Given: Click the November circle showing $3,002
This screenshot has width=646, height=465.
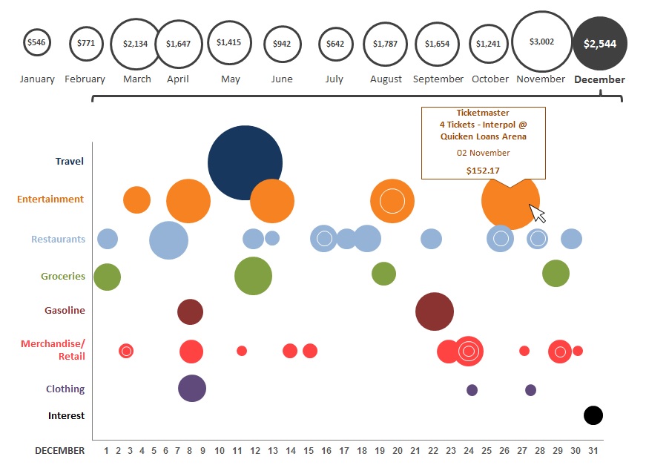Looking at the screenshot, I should pos(541,42).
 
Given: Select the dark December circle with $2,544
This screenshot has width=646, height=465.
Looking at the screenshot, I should pos(600,44).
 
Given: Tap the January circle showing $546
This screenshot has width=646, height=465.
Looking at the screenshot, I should pos(36,43).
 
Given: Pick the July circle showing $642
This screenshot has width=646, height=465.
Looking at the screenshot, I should pos(335,44).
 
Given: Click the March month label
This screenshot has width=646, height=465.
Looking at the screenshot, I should pos(137,79).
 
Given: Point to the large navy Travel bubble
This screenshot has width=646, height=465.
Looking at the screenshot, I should pos(245,162).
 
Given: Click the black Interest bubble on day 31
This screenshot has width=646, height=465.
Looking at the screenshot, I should pos(593,415).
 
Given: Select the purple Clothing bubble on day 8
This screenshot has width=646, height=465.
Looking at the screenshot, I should pos(192,388).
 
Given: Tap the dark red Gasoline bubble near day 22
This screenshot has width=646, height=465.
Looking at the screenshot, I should pos(435,311).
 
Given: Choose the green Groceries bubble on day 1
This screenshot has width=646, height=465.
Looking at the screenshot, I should pos(107,277).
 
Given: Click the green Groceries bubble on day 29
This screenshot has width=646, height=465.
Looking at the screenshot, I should pos(556,273).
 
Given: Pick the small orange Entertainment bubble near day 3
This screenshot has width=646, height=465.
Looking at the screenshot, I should pos(136,199).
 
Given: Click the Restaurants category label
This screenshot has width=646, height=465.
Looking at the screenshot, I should pos(58,239).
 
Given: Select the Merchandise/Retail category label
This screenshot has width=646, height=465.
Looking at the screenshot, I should pos(53,350).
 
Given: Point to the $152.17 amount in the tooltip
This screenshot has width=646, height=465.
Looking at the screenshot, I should pos(483,170).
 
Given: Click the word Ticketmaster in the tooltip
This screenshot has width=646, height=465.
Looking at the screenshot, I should pos(483,113).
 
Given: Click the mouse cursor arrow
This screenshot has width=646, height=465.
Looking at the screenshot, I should pos(538,214).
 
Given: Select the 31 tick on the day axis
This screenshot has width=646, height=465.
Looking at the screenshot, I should pos(593,451).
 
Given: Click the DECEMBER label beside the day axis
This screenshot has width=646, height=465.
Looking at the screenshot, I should pos(59,451).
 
